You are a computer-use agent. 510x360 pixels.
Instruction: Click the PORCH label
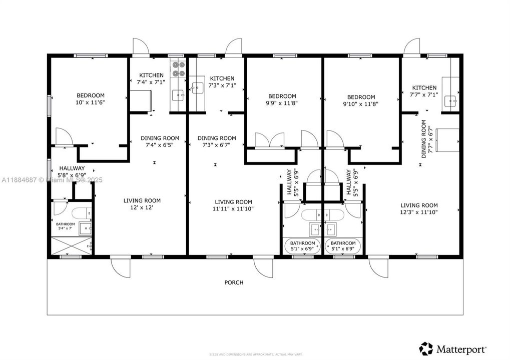pyautogui.click(x=234, y=282)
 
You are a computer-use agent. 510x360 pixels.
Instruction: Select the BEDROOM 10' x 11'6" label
pyautogui.click(x=91, y=99)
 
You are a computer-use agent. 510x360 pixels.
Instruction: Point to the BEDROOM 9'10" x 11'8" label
pyautogui.click(x=360, y=100)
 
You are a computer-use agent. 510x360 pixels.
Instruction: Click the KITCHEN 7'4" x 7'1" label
pyautogui.click(x=151, y=79)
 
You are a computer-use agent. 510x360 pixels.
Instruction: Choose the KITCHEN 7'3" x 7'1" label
pyautogui.click(x=222, y=82)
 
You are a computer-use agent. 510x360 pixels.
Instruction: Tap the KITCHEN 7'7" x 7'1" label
pyautogui.click(x=424, y=91)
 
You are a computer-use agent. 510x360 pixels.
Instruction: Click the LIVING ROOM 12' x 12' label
pyautogui.click(x=142, y=204)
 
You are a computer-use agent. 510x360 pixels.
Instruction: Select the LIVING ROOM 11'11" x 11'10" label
pyautogui.click(x=233, y=205)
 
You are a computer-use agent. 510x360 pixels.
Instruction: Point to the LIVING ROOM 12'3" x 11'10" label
pyautogui.click(x=419, y=208)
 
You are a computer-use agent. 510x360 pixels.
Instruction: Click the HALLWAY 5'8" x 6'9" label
pyautogui.click(x=72, y=172)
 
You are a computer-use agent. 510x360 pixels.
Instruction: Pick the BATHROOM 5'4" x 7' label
pyautogui.click(x=65, y=226)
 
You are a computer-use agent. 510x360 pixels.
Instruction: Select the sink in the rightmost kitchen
pyautogui.click(x=452, y=101)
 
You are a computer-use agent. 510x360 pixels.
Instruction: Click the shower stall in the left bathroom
pyautogui.click(x=72, y=246)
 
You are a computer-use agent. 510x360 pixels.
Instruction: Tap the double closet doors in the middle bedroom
pyautogui.click(x=270, y=140)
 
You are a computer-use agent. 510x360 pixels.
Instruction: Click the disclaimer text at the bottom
pyautogui.click(x=255, y=353)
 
